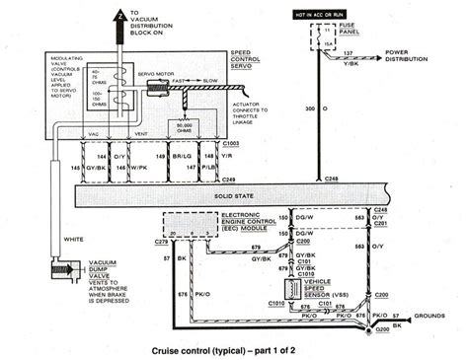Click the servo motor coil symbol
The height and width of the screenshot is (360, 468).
coord(155,88)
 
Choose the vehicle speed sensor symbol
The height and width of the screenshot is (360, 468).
coord(294,288)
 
